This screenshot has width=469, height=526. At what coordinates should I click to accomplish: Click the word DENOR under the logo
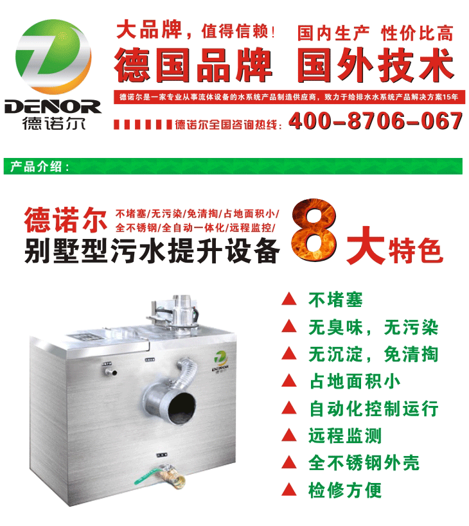[53, 105]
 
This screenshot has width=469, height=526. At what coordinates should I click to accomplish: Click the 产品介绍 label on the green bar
[37, 167]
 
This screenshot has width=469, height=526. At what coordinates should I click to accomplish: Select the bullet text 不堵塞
[335, 300]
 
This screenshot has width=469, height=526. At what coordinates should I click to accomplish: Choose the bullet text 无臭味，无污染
[373, 328]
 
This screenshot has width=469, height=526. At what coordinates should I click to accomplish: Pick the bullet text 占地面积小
[354, 381]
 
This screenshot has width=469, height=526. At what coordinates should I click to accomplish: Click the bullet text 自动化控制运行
[373, 408]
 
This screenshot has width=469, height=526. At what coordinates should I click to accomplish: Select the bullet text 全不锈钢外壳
[364, 463]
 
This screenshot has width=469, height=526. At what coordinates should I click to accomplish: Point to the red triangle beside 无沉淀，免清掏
[290, 354]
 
